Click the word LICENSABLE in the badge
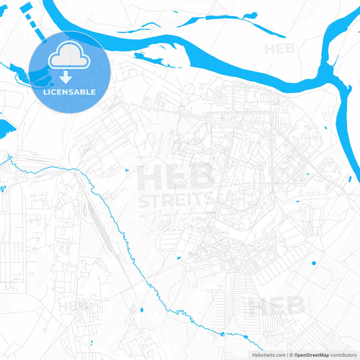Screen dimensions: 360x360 coord(70,91)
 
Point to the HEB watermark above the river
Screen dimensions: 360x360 coord(279,49)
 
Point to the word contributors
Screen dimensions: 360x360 coord(344,355)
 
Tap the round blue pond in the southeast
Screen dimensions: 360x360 coord(313,263)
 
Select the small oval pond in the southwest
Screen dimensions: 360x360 coord(141,310)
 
